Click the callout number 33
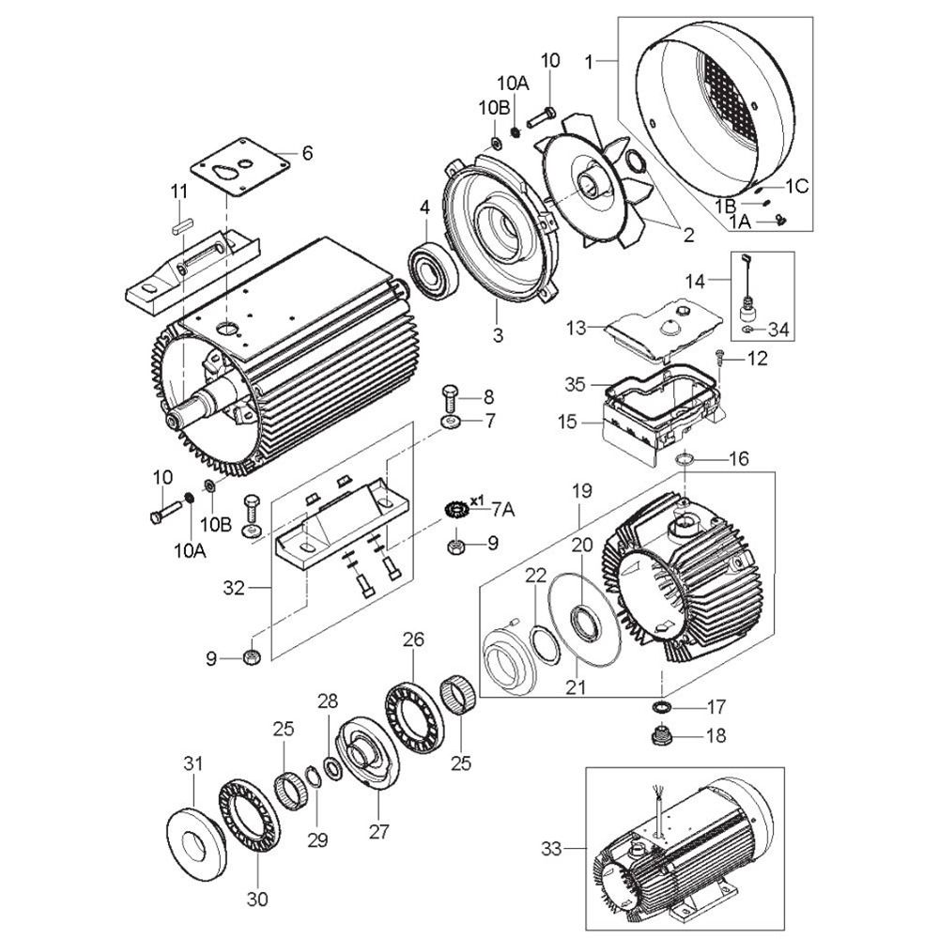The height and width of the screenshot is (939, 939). point(551,849)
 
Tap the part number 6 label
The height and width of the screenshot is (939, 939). point(307,153)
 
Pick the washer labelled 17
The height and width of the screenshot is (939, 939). point(661,707)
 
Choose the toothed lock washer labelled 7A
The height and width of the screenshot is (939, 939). point(456,510)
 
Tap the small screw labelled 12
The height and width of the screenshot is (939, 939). point(718,360)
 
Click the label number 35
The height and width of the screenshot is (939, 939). point(575,384)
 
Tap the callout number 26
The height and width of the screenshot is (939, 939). point(413,639)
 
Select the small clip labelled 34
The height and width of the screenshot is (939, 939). point(747,330)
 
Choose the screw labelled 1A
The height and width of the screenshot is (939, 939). point(779,220)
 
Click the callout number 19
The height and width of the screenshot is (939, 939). point(581,490)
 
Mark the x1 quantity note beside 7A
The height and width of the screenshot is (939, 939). point(477,500)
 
